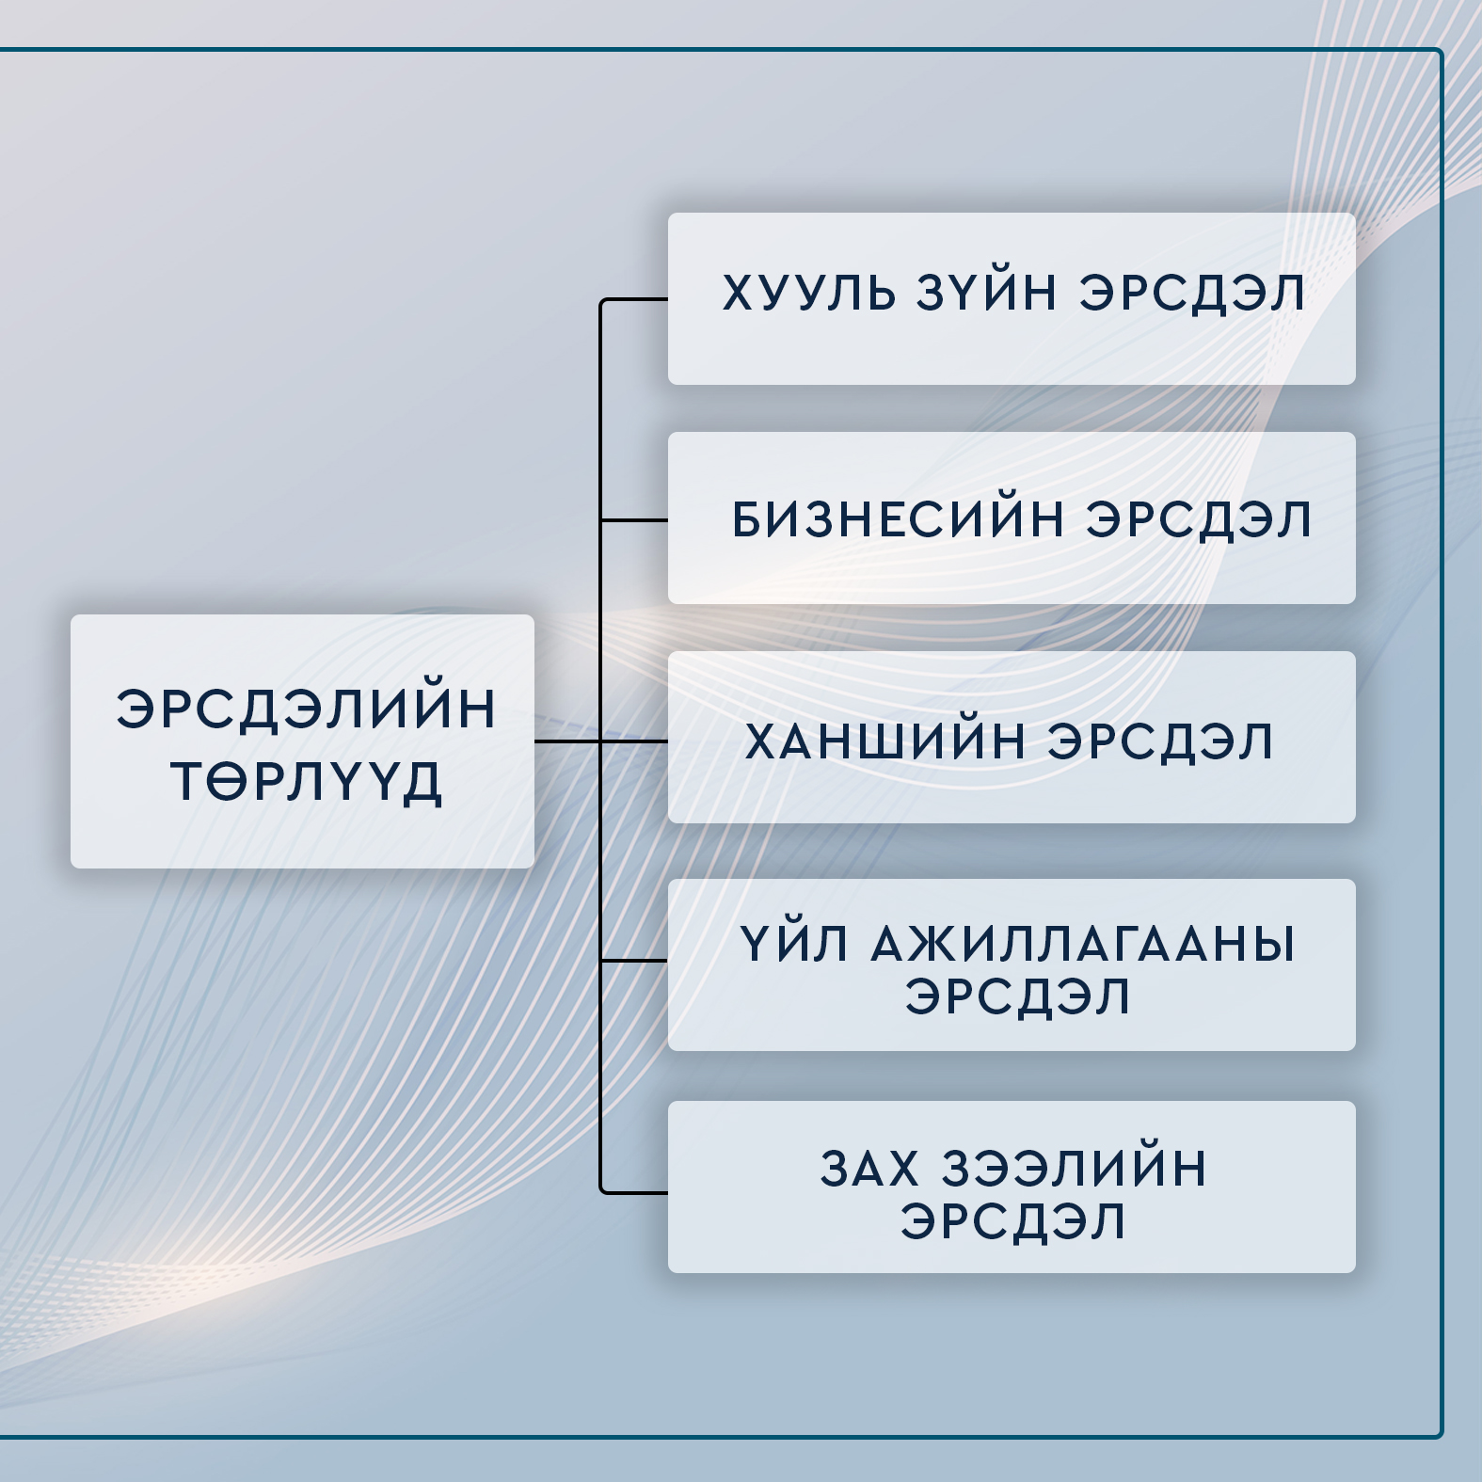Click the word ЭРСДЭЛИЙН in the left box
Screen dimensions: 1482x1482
306,709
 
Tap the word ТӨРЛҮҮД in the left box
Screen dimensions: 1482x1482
306,782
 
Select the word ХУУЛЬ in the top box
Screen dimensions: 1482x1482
809,293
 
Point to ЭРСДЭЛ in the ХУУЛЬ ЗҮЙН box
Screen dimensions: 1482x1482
1192,293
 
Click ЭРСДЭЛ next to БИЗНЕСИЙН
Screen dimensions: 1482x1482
1199,519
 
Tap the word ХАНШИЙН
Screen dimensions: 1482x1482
885,741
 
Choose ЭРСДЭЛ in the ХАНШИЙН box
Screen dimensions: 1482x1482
1160,741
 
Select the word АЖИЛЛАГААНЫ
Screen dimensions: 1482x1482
1083,944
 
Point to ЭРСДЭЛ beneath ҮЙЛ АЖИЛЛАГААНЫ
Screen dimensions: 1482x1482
1017,996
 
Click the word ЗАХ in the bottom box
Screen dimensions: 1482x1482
869,1169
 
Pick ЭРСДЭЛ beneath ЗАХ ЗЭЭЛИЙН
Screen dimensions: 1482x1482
1013,1221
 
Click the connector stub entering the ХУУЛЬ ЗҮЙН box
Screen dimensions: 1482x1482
634,299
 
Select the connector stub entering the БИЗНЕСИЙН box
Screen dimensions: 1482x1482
634,519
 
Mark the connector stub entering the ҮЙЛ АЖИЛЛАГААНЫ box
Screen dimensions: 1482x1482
634,961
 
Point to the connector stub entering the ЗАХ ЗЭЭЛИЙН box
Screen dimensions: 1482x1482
634,1192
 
